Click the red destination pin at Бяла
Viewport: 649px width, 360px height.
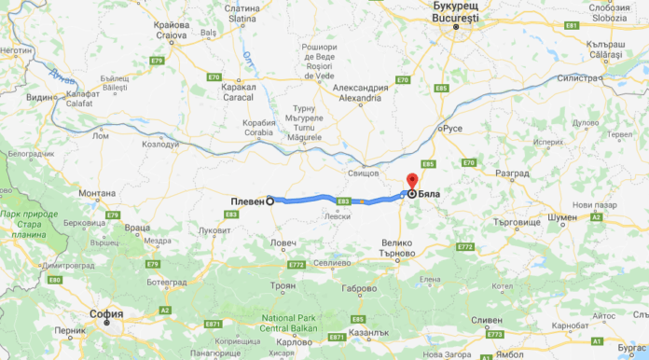click(x=412, y=180)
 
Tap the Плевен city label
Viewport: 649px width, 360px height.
click(x=247, y=201)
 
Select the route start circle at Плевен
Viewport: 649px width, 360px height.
click(x=270, y=200)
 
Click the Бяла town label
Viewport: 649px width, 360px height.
click(x=430, y=194)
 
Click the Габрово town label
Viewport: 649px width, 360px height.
click(x=358, y=289)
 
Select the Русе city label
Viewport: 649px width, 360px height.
click(x=453, y=128)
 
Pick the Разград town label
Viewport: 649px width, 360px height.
click(x=512, y=173)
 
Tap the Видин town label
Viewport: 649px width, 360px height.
click(x=40, y=97)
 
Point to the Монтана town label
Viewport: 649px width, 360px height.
click(x=97, y=193)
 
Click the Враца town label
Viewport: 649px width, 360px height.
click(x=136, y=228)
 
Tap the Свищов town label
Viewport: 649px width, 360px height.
click(x=363, y=173)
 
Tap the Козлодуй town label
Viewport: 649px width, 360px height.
click(x=159, y=145)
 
